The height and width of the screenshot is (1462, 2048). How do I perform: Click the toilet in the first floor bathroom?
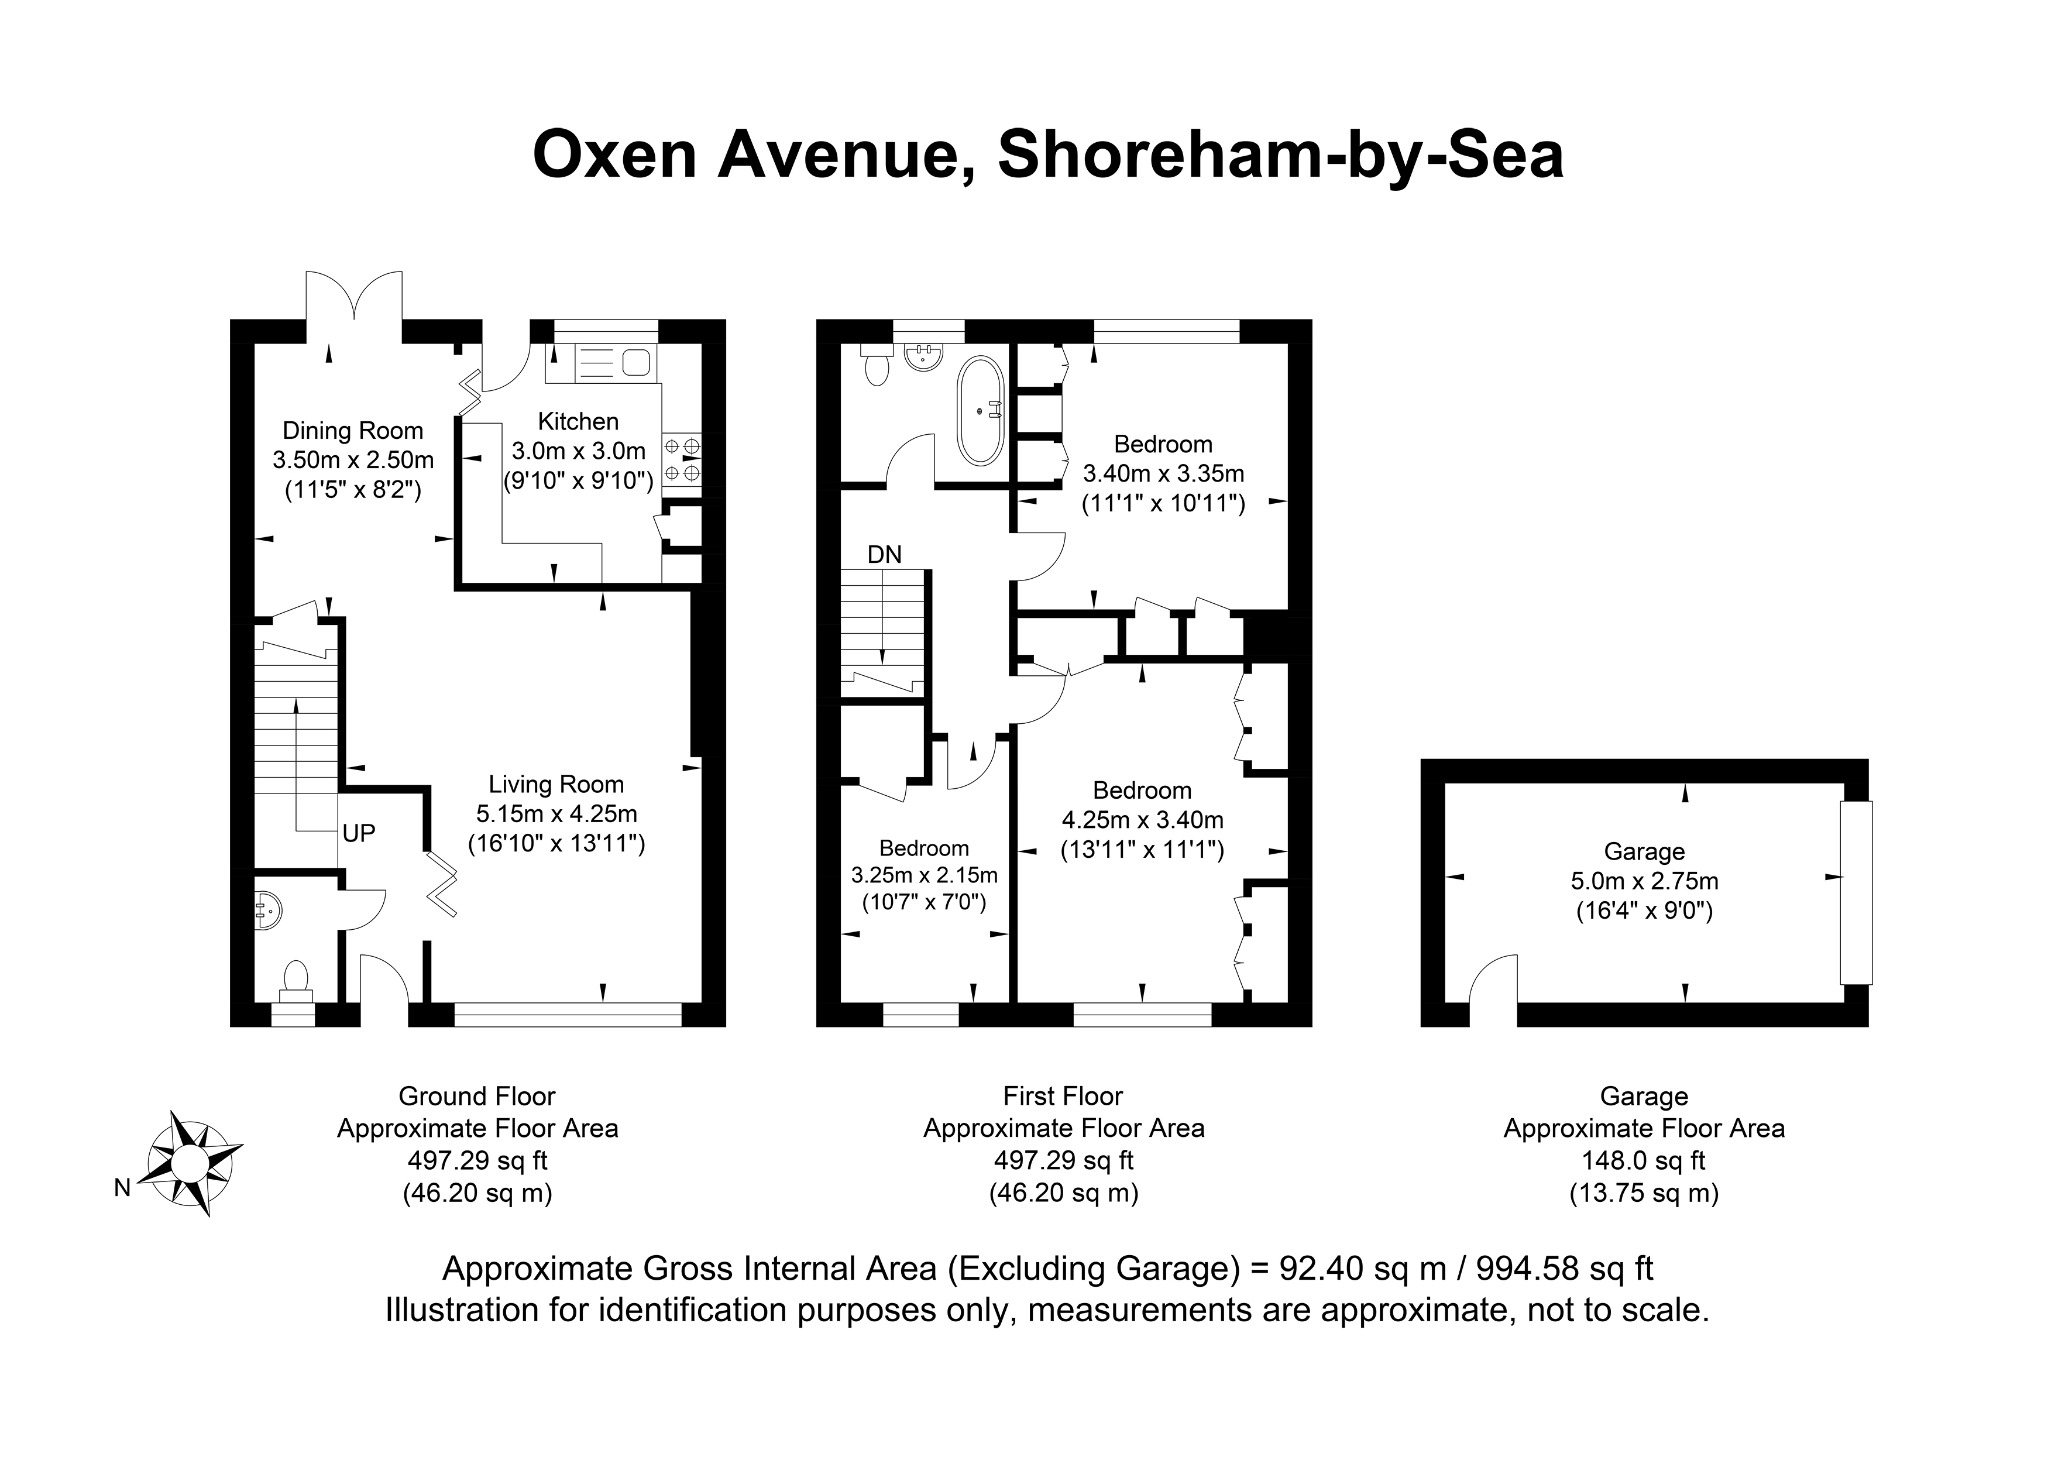click(876, 365)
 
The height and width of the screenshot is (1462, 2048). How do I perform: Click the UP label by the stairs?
click(359, 832)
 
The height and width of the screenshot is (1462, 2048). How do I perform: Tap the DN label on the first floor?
click(884, 554)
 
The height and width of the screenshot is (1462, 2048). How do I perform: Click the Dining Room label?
click(353, 430)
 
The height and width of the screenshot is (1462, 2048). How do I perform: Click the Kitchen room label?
click(578, 421)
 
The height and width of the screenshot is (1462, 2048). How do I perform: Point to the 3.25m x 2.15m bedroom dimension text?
click(924, 875)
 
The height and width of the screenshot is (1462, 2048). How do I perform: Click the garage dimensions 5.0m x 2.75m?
click(1645, 881)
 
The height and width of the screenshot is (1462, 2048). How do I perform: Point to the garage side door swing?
click(1493, 978)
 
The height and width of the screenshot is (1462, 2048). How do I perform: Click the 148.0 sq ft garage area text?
click(1644, 1161)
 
